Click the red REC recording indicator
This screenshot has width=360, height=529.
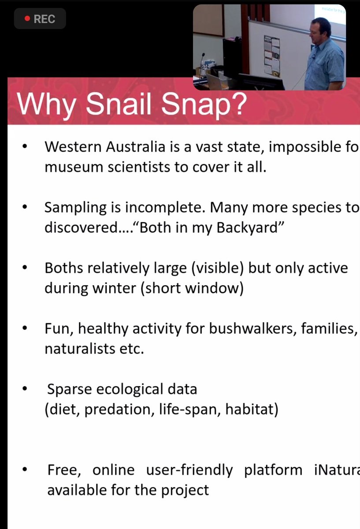[40, 19]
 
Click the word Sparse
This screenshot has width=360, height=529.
[69, 389]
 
